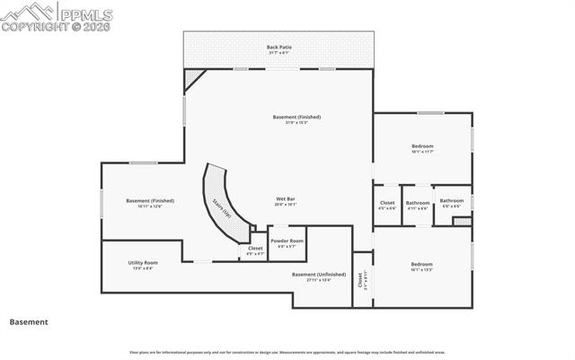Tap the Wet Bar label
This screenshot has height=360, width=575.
[286, 200]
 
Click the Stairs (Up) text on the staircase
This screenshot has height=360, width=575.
[222, 209]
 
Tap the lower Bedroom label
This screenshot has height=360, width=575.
[422, 266]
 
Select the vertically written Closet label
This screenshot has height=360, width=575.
[361, 279]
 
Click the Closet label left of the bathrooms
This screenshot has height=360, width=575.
[387, 204]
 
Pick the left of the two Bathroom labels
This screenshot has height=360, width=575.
[417, 204]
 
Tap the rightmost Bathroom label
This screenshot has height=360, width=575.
[451, 202]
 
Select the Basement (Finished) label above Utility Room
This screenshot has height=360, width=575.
[150, 202]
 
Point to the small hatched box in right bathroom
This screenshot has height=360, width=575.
[462, 220]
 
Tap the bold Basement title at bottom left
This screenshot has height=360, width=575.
[29, 321]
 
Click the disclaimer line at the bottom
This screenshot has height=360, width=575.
[287, 352]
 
